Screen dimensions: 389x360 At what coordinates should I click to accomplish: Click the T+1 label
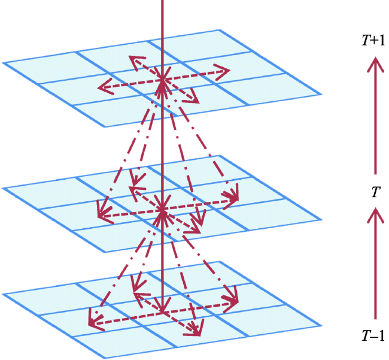pyautogui.click(x=373, y=41)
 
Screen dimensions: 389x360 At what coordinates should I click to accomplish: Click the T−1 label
pyautogui.click(x=373, y=336)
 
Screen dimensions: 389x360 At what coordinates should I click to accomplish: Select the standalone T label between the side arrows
pyautogui.click(x=376, y=192)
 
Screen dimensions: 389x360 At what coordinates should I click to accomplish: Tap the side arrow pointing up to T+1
pyautogui.click(x=375, y=116)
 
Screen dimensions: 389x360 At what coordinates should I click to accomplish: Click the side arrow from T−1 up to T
pyautogui.click(x=375, y=264)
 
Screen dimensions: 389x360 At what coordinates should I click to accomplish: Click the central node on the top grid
pyautogui.click(x=162, y=80)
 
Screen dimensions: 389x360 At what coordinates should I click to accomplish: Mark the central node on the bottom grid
pyautogui.click(x=162, y=312)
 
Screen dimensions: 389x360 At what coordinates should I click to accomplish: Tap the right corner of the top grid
pyautogui.click(x=321, y=95)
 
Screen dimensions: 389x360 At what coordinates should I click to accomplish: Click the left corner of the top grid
pyautogui.click(x=3, y=63)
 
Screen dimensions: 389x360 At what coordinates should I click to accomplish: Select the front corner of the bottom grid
pyautogui.click(x=105, y=358)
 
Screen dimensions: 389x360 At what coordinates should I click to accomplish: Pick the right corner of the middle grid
pyautogui.click(x=321, y=220)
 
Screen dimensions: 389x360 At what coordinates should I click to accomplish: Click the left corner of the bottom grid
pyautogui.click(x=3, y=295)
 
